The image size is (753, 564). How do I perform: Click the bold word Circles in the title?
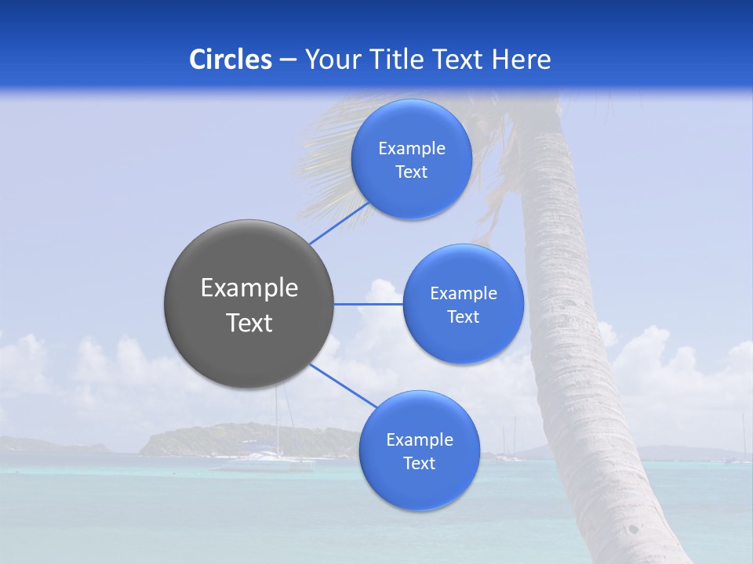click(x=231, y=60)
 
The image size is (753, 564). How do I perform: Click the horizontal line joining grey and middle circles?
click(x=368, y=304)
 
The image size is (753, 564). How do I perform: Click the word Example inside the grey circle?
click(x=249, y=288)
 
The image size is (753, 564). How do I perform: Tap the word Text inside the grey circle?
click(x=249, y=323)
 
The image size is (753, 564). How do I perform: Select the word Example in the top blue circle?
click(x=412, y=149)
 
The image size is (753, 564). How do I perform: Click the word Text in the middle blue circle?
click(x=463, y=317)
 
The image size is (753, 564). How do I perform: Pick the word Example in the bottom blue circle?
click(x=419, y=440)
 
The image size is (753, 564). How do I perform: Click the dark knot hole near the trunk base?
click(x=633, y=530)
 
